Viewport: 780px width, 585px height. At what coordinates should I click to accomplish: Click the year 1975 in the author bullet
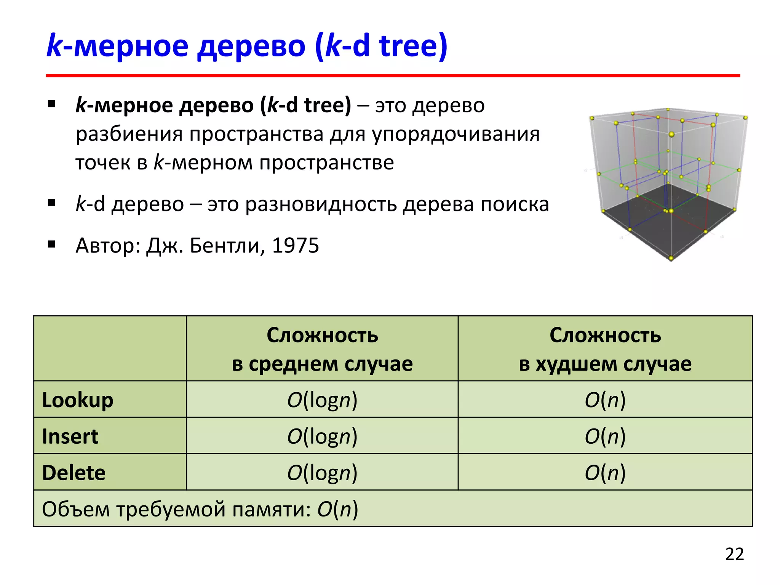tap(296, 246)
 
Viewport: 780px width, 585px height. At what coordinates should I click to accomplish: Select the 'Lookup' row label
tap(78, 400)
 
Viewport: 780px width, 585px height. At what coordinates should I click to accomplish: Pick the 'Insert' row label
tap(70, 436)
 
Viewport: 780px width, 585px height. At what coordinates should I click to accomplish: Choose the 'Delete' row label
tap(74, 473)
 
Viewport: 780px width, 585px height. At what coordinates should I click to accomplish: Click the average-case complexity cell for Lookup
tap(322, 400)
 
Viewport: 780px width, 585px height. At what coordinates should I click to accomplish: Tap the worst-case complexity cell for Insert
tap(605, 436)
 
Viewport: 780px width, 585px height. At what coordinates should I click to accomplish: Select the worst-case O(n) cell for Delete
tap(605, 473)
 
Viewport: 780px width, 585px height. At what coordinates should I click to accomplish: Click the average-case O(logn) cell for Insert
tap(322, 436)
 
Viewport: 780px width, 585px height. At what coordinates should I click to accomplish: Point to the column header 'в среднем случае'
tap(322, 364)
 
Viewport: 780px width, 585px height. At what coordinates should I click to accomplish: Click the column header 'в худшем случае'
tap(605, 364)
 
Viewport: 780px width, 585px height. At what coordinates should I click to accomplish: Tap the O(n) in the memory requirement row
tap(338, 509)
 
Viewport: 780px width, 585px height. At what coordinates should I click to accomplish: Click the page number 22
tap(734, 554)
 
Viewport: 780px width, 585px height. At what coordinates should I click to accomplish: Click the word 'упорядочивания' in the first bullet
tap(456, 134)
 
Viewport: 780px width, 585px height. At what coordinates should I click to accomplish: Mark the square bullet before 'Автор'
tap(52, 244)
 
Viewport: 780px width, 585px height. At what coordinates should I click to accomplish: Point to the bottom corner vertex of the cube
tap(671, 259)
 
